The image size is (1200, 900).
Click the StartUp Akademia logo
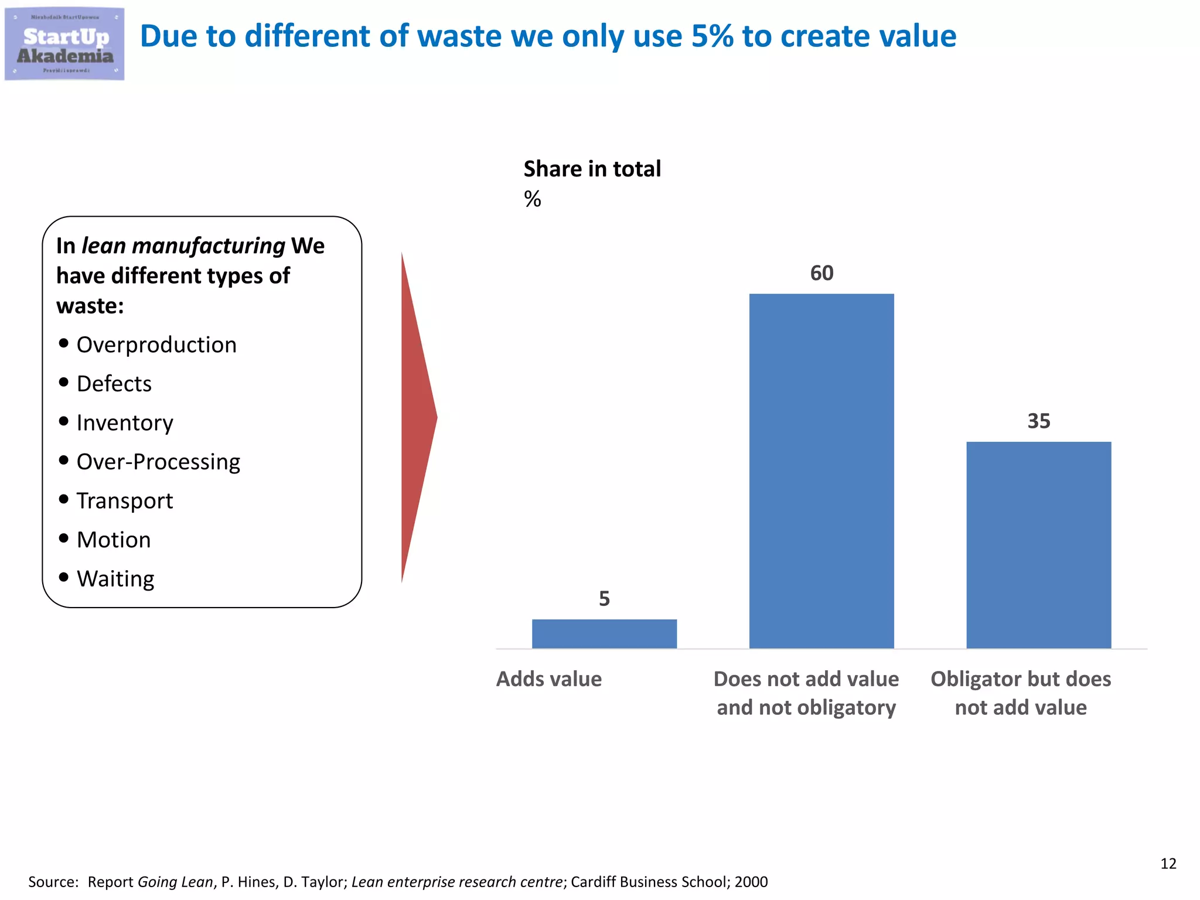pos(64,44)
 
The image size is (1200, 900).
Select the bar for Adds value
pos(604,633)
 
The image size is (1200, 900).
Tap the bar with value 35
pos(1038,544)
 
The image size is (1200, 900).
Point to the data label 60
pos(821,273)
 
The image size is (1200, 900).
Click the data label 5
pos(604,598)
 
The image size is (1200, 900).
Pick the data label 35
pos(1038,421)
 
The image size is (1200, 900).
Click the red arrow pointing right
pos(417,417)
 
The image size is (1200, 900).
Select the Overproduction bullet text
pos(156,345)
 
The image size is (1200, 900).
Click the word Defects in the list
pos(114,384)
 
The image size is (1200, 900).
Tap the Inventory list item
pos(125,422)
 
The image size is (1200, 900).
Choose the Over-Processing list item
pos(158,462)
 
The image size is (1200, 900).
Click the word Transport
pos(125,501)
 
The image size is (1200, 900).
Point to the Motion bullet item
pos(114,540)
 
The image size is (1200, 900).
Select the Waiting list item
pos(115,579)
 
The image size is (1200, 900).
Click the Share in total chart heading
pos(592,169)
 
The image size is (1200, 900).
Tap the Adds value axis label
pos(548,679)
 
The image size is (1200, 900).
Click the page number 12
pos(1168,863)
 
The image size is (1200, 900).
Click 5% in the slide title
pos(712,36)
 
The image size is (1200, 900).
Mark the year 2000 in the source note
pos(751,882)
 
